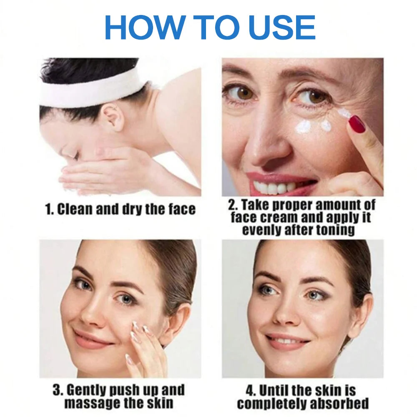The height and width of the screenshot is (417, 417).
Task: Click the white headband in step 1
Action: [90, 90]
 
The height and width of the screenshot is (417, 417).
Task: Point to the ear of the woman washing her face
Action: [113, 117]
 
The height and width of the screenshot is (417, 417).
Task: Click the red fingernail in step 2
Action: [357, 124]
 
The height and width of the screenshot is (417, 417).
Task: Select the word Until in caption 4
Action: [274, 391]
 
